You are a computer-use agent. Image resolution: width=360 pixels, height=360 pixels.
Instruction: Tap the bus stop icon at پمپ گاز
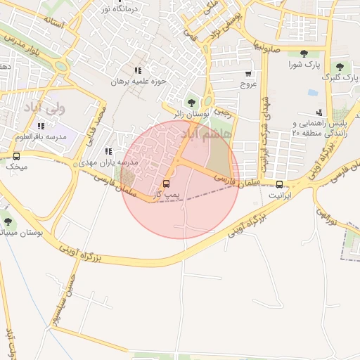point(167,184)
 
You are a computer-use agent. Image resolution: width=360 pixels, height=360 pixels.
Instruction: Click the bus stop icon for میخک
point(16,156)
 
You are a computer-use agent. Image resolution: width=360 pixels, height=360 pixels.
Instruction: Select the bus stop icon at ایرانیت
point(281,184)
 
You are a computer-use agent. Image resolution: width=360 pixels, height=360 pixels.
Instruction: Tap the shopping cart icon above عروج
point(248,74)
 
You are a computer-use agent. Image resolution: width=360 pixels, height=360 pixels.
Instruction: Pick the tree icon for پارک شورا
point(304,54)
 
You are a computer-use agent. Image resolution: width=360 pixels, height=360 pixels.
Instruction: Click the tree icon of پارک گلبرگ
point(340,67)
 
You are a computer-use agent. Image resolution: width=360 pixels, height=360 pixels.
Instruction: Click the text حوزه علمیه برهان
point(138,82)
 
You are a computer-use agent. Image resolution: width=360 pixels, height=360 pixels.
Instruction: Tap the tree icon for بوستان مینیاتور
point(8,222)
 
